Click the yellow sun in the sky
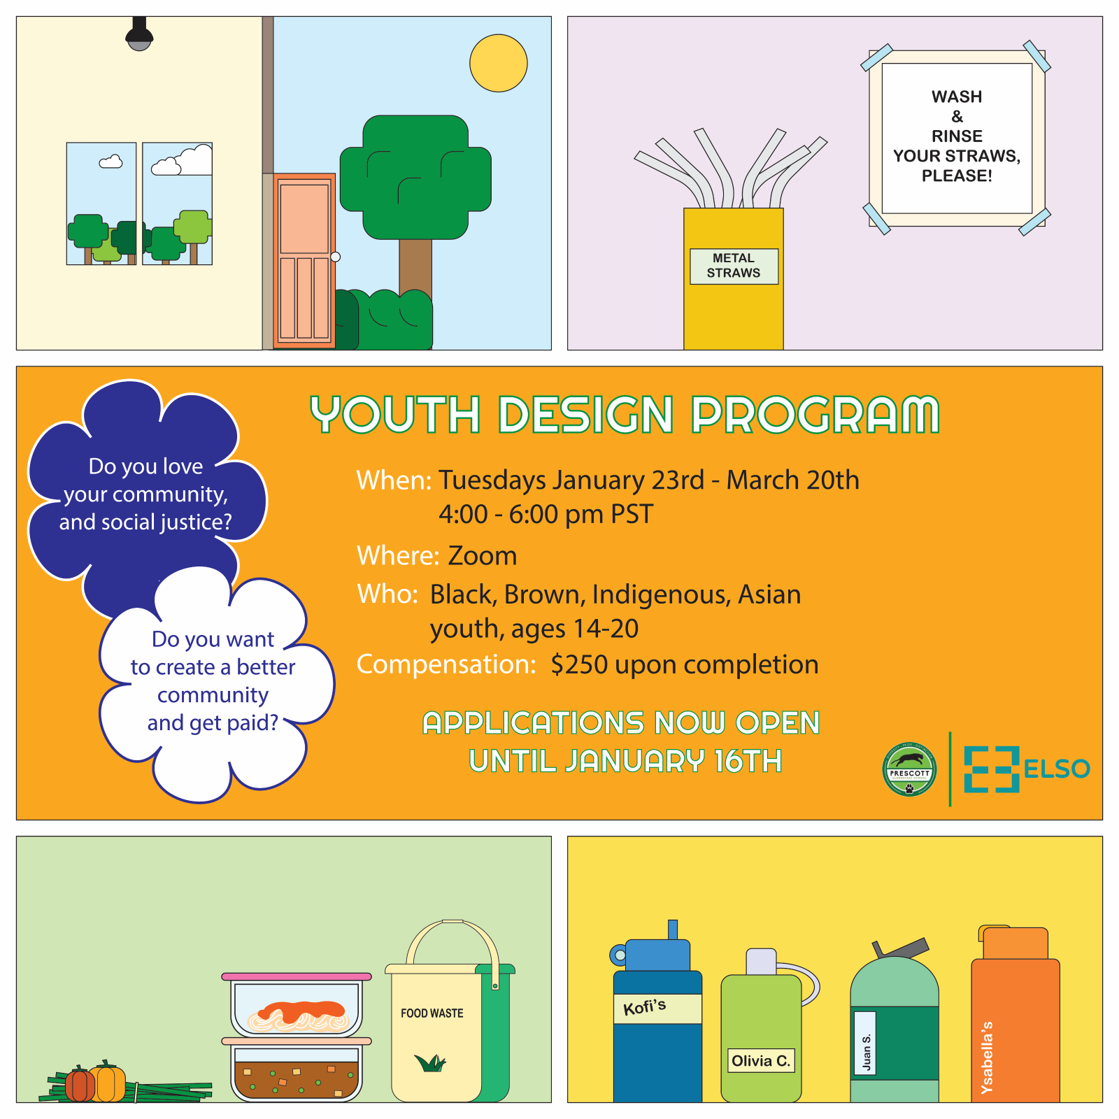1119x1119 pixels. pos(498,63)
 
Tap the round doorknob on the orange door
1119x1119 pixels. pos(335,257)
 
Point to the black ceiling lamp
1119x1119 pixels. pos(139,34)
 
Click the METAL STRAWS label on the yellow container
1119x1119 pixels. pos(734,266)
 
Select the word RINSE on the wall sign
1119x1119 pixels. pos(957,136)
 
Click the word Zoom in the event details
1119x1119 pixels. pos(482,556)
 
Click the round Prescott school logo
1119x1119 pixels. pos(909,769)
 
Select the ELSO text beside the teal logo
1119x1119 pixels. pos(1057,769)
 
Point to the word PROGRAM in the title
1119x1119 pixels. pos(815,414)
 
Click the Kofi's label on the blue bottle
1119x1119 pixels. pos(644,1007)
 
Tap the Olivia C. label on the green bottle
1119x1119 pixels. pos(761,1060)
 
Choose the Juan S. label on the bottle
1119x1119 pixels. pos(866,1052)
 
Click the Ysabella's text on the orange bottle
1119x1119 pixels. pos(987,1057)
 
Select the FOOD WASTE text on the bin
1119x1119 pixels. pos(432,1013)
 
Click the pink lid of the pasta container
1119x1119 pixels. pos(297,976)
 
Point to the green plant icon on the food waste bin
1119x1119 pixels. pos(430,1063)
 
